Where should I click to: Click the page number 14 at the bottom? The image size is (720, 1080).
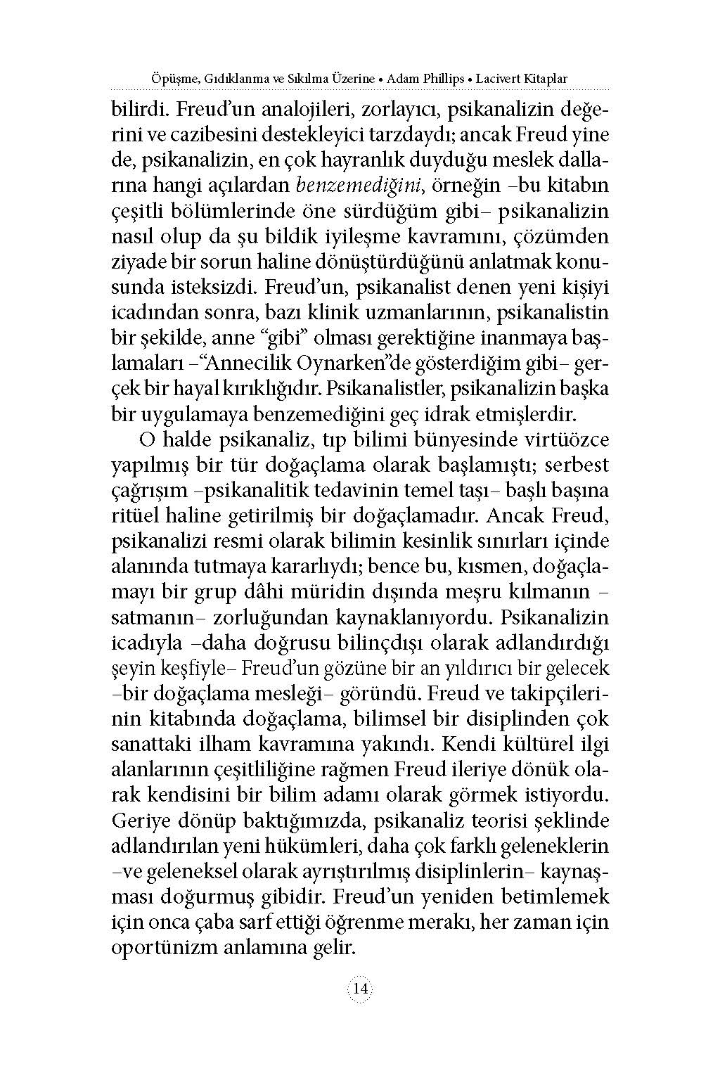[360, 988]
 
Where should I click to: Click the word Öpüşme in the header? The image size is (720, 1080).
[172, 79]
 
